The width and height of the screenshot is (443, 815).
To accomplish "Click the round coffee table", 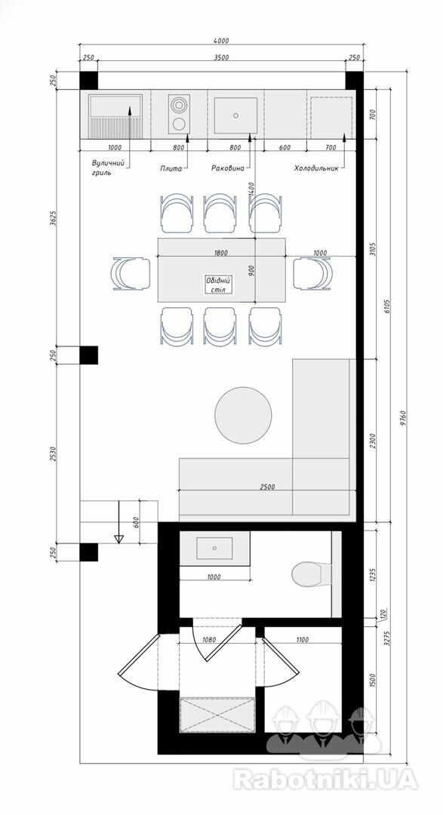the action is (x=243, y=415).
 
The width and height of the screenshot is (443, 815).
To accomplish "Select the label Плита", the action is (x=171, y=168).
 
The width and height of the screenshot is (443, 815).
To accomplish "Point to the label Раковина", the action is (x=227, y=168).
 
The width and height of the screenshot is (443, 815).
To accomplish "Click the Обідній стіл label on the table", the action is (x=218, y=284).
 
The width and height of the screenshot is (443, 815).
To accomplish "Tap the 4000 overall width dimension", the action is (x=221, y=41).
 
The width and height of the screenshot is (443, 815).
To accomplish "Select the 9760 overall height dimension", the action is (x=402, y=417).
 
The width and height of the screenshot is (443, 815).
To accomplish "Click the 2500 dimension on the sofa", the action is (x=267, y=487).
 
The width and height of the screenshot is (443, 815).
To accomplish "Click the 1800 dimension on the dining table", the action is (x=221, y=253).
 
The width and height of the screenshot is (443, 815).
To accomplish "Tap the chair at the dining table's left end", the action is (x=131, y=273).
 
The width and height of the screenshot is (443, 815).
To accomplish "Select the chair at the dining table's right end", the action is (x=312, y=273).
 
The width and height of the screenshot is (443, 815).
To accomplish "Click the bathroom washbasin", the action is (x=214, y=549).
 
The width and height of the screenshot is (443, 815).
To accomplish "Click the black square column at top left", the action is (x=88, y=80).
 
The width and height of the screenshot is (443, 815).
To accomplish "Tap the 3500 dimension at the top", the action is (x=222, y=57).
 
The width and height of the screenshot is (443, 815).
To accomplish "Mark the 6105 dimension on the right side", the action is (x=386, y=306).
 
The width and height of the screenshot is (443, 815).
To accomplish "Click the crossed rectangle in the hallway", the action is (x=217, y=715).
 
